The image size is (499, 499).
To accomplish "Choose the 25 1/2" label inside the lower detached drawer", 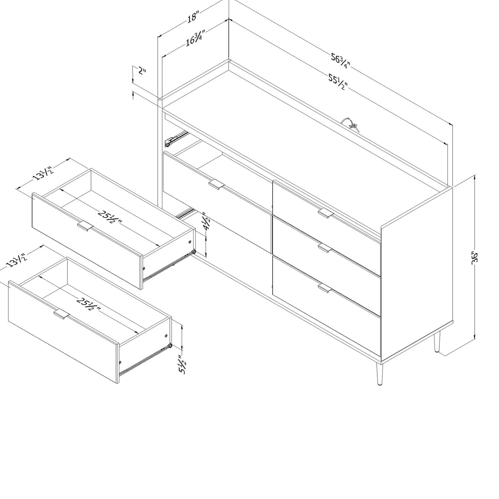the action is click(x=89, y=305).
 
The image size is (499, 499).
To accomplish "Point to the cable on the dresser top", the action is click(x=351, y=125).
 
